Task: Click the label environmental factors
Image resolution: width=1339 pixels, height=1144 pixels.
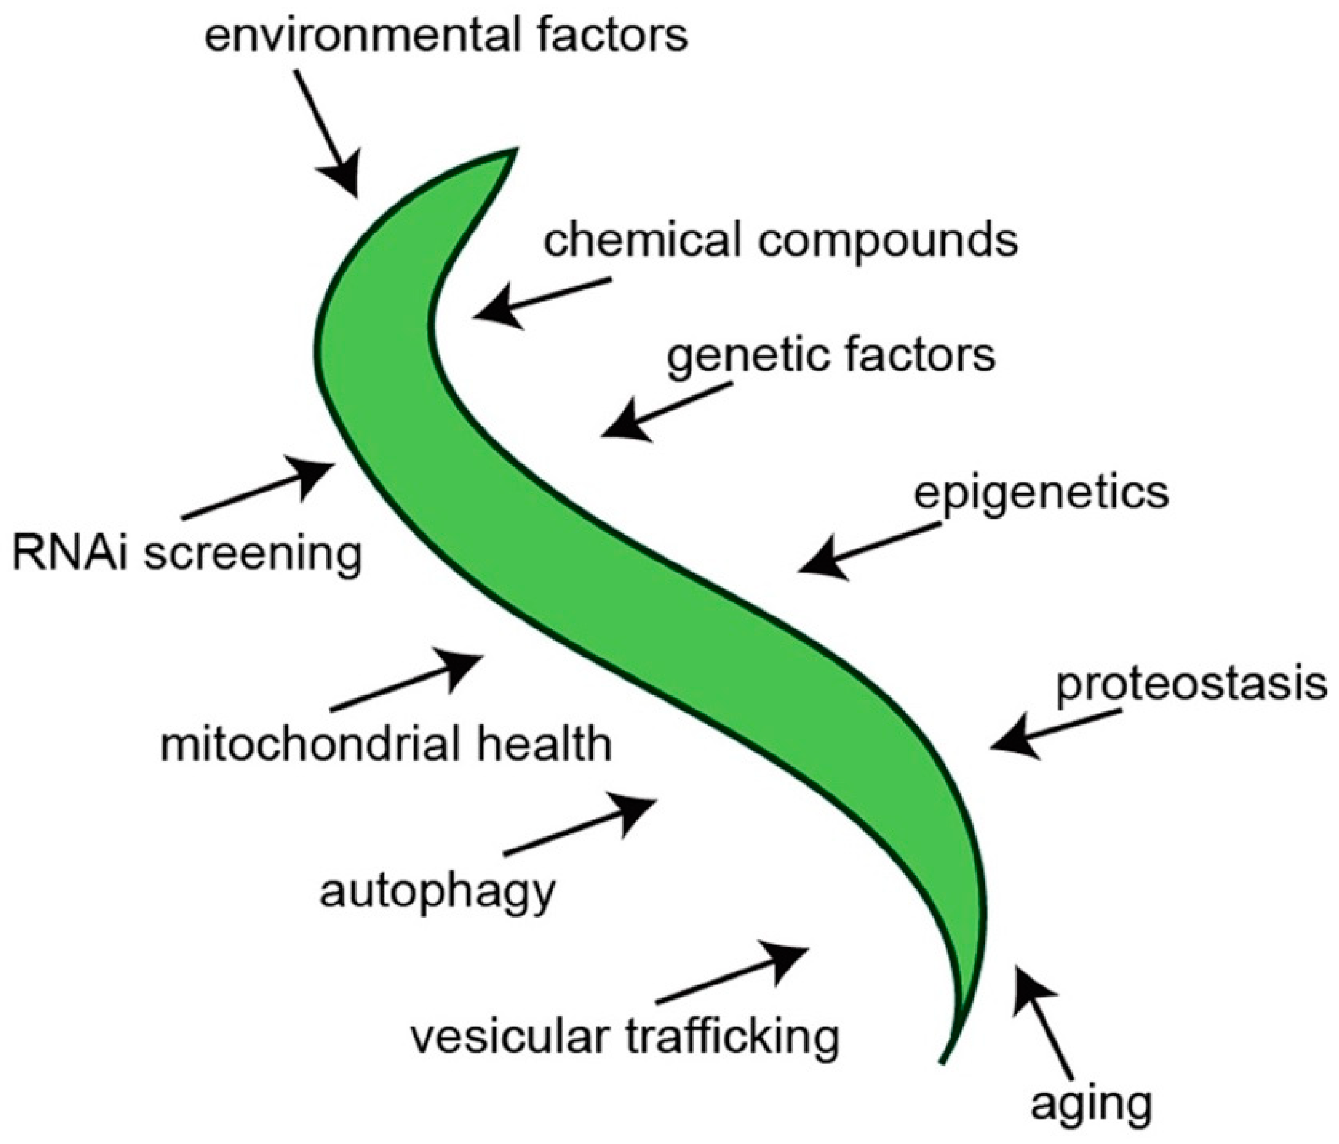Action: click(x=446, y=37)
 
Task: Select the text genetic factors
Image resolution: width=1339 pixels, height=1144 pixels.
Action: click(x=831, y=356)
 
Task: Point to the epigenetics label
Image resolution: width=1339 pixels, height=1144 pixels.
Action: click(x=1040, y=494)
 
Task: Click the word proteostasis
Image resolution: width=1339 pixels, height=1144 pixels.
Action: click(x=1190, y=685)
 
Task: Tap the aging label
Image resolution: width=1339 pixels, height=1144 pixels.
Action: click(x=1091, y=1104)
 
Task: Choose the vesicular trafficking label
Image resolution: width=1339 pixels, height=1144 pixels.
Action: click(x=625, y=1038)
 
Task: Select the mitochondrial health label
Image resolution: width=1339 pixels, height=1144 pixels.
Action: click(x=386, y=744)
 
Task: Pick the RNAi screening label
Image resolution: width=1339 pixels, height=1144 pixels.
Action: click(x=187, y=554)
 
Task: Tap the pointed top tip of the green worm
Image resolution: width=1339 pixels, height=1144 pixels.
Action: click(x=515, y=151)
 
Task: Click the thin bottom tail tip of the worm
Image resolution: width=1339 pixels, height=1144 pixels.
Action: click(x=944, y=1060)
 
